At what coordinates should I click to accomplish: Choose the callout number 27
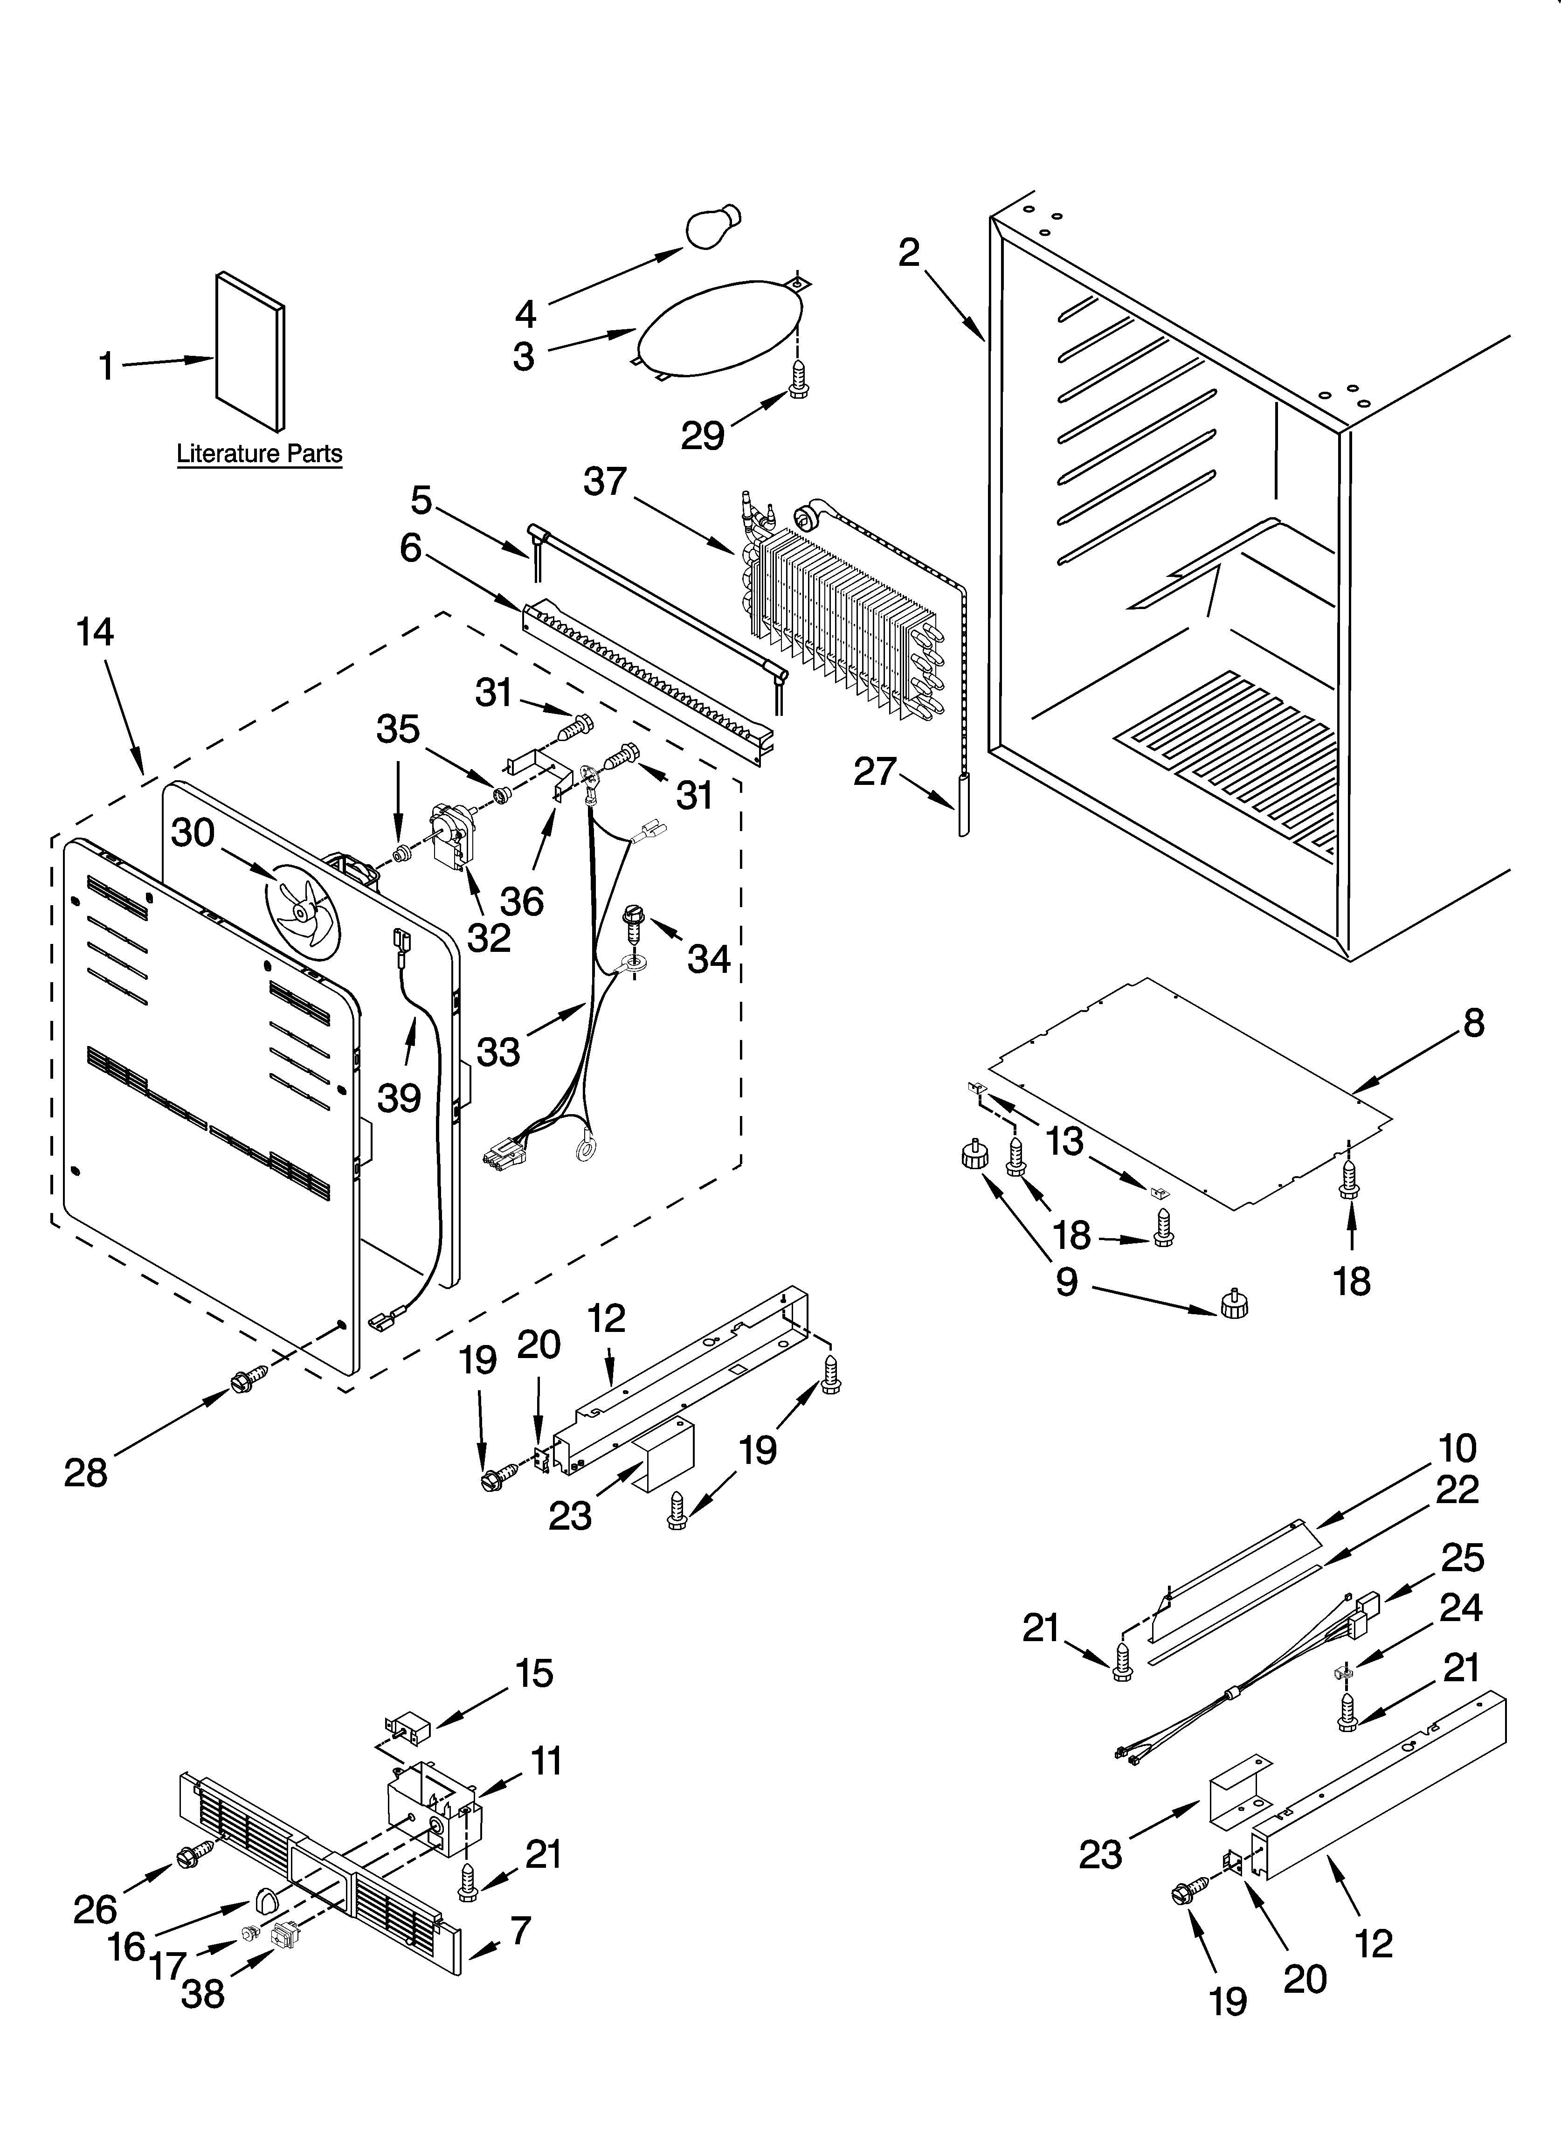pyautogui.click(x=874, y=771)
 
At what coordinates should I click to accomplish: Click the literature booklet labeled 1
pyautogui.click(x=249, y=352)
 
